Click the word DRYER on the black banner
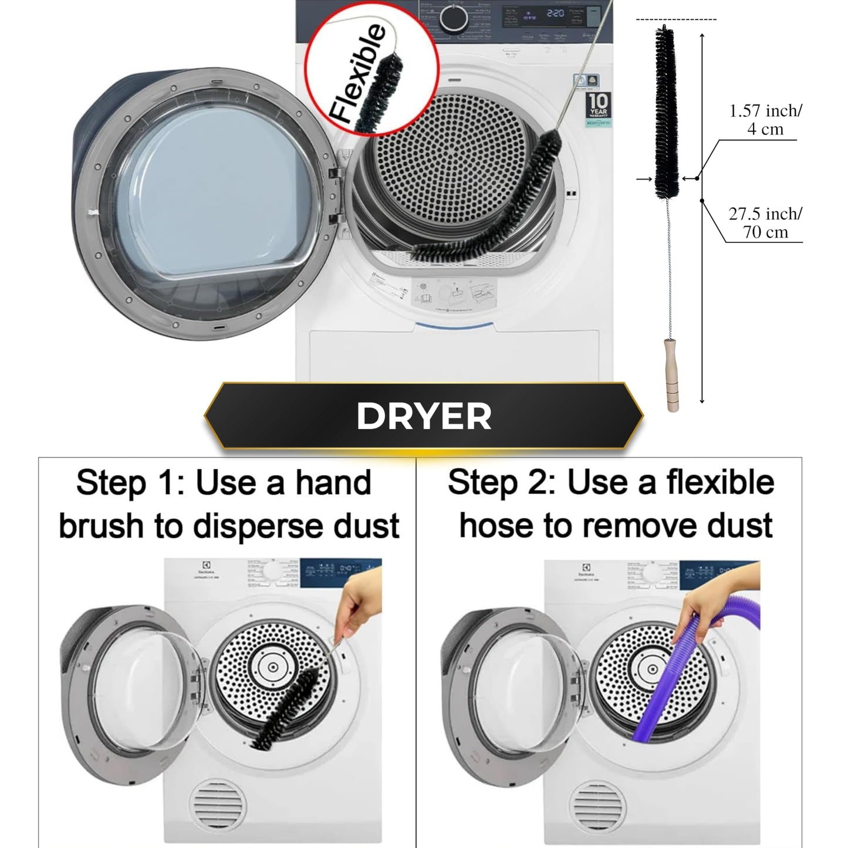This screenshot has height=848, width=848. pyautogui.click(x=424, y=416)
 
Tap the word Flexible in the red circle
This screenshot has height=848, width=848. pyautogui.click(x=358, y=73)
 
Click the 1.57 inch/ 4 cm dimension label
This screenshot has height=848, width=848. pyautogui.click(x=765, y=120)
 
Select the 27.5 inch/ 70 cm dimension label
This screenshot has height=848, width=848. pyautogui.click(x=765, y=222)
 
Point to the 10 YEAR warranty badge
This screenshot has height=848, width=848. pyautogui.click(x=598, y=106)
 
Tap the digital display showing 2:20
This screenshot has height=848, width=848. pyautogui.click(x=554, y=13)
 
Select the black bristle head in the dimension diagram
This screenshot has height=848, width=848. pyautogui.click(x=667, y=112)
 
